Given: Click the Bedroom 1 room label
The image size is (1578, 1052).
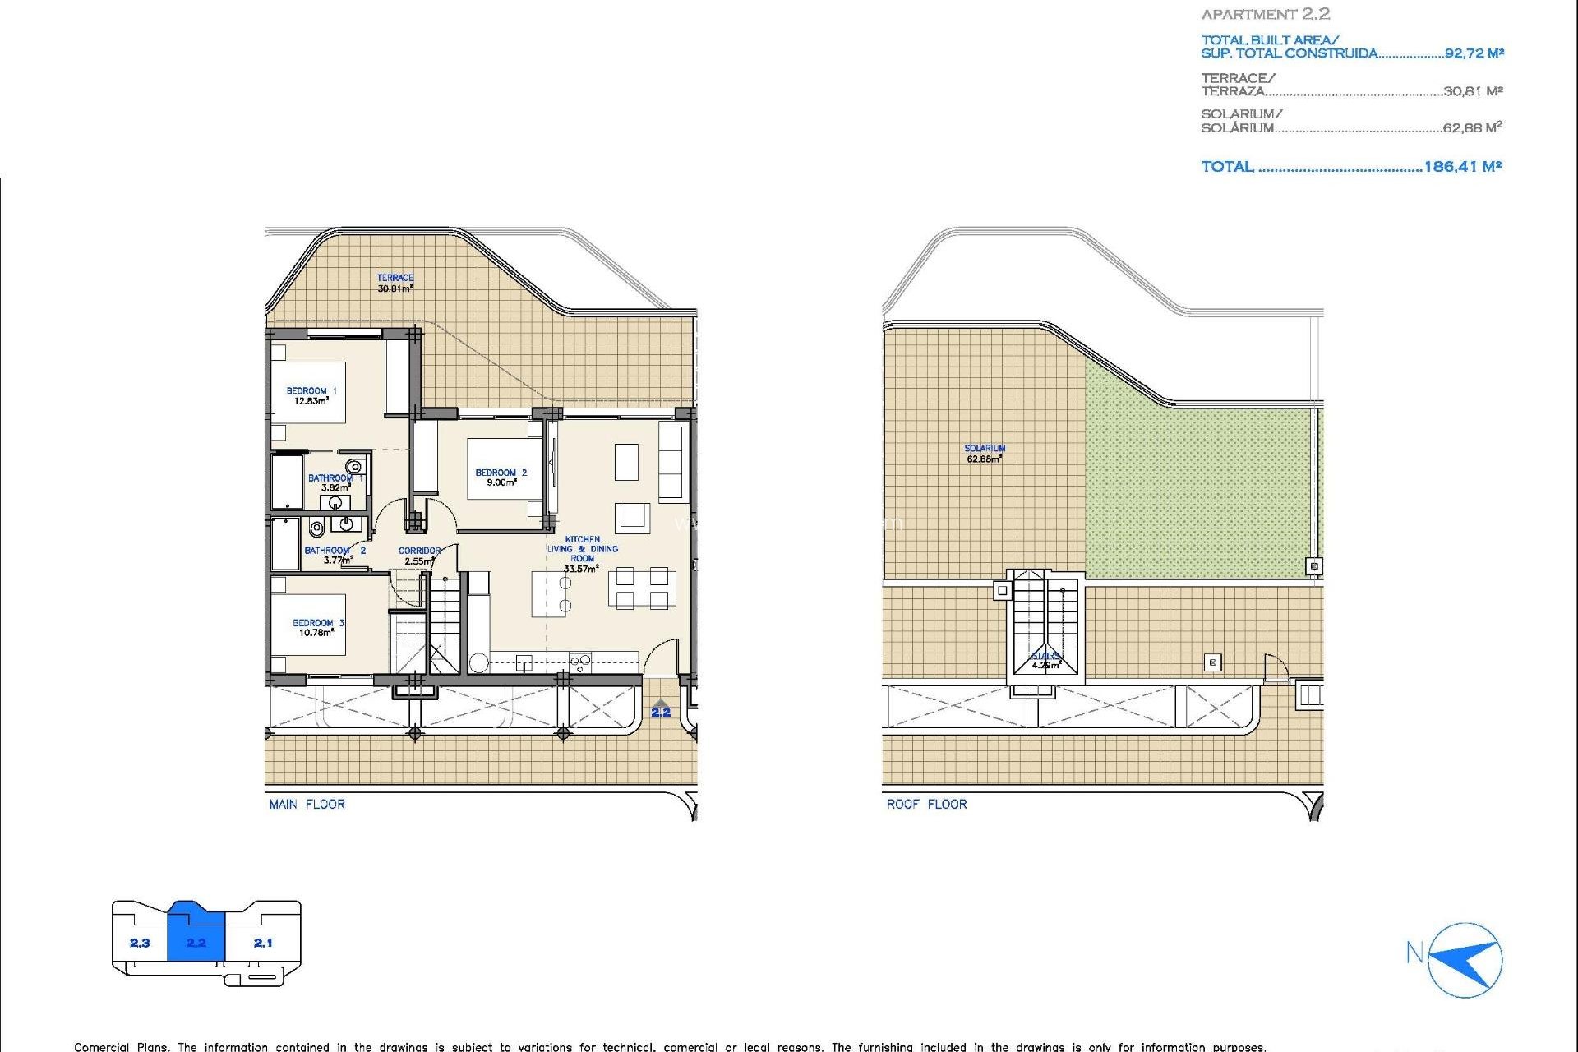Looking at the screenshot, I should pyautogui.click(x=311, y=395).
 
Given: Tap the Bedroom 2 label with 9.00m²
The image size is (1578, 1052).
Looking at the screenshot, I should pyautogui.click(x=501, y=478).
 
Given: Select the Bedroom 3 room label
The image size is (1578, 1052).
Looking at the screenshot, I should pyautogui.click(x=317, y=628).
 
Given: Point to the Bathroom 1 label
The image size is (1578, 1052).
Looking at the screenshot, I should pyautogui.click(x=334, y=482).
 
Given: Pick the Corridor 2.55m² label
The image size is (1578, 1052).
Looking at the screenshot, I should pyautogui.click(x=419, y=556).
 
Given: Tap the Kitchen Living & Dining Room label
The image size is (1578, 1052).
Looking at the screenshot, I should pyautogui.click(x=582, y=553).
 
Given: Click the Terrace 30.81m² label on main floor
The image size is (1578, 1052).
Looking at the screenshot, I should pyautogui.click(x=395, y=283).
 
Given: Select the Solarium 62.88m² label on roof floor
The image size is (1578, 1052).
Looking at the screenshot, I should pyautogui.click(x=985, y=454).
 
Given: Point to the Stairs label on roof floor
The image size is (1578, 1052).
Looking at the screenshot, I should pyautogui.click(x=1045, y=660).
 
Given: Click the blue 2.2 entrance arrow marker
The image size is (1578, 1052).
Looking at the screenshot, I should pyautogui.click(x=661, y=708).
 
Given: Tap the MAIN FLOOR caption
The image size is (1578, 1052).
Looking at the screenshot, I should pyautogui.click(x=307, y=804).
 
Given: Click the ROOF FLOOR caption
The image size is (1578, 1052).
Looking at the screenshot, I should pyautogui.click(x=926, y=804).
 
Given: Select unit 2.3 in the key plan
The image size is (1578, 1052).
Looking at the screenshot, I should pyautogui.click(x=140, y=943).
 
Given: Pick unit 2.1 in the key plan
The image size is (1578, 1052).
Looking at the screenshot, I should pyautogui.click(x=263, y=943).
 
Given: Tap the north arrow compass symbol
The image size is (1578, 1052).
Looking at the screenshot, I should pyautogui.click(x=1465, y=960).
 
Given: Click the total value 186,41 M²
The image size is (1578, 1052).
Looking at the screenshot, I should pyautogui.click(x=1462, y=166).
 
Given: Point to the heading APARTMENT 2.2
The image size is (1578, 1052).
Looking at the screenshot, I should pyautogui.click(x=1265, y=14).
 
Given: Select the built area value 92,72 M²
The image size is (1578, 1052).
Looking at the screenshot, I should pyautogui.click(x=1474, y=53).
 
